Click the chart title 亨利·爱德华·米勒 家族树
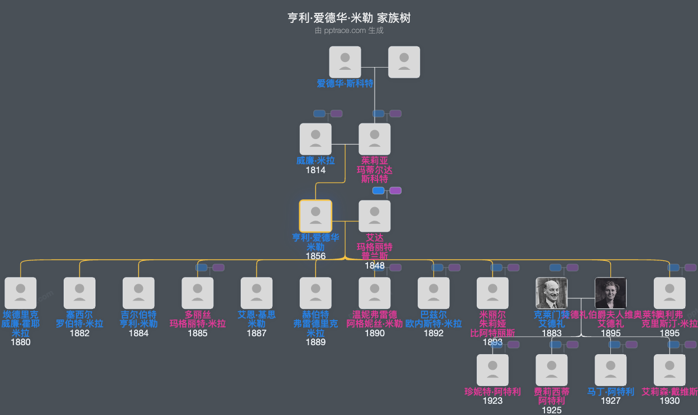(x=349, y=18)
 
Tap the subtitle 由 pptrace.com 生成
(x=349, y=31)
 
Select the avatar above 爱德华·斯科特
(x=345, y=62)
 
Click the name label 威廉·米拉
(x=315, y=161)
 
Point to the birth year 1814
(x=315, y=170)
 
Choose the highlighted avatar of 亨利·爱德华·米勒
(x=315, y=216)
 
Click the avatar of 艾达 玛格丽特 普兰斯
(x=375, y=216)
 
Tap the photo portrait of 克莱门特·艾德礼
(x=552, y=293)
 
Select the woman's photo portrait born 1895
(x=610, y=293)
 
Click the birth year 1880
(x=21, y=342)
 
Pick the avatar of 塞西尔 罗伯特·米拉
(x=80, y=293)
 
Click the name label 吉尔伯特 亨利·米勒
(x=138, y=319)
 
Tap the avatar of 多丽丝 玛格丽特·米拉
(x=198, y=293)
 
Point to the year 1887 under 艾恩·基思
(x=257, y=333)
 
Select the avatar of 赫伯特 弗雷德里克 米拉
(x=315, y=293)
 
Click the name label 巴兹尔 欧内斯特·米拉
(x=434, y=319)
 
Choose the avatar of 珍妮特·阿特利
(x=493, y=370)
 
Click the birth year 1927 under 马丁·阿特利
(x=611, y=400)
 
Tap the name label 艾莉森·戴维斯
(x=670, y=392)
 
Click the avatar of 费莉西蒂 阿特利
(x=552, y=370)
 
